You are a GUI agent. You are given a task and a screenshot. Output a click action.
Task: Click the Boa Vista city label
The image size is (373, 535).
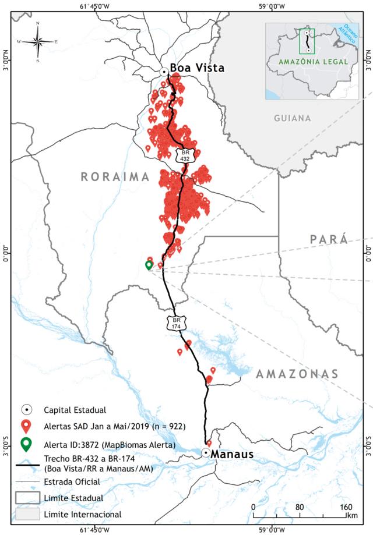point(196,68)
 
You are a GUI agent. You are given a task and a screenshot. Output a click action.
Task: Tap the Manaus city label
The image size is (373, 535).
point(232,454)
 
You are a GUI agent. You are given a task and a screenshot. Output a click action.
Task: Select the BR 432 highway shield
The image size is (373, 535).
point(182,154)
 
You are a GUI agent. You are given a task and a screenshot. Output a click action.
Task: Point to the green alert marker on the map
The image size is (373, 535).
point(149,265)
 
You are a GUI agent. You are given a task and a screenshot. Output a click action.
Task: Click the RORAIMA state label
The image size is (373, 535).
point(115,177)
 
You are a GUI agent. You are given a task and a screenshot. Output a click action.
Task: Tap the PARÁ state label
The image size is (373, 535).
point(328,239)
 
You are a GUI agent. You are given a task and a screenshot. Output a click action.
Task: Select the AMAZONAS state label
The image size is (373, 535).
point(297,374)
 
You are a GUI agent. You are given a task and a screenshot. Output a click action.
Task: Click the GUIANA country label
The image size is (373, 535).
point(293,118)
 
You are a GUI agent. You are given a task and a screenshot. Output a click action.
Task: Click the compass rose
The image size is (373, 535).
point(38,42)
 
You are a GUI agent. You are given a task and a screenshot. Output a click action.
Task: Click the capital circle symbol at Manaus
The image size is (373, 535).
point(206,452)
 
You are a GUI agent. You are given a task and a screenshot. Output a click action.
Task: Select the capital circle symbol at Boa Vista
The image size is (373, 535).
point(164,72)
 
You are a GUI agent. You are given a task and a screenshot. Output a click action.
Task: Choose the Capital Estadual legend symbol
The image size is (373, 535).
point(26,409)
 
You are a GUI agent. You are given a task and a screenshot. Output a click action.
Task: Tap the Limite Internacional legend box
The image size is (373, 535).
point(28,513)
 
